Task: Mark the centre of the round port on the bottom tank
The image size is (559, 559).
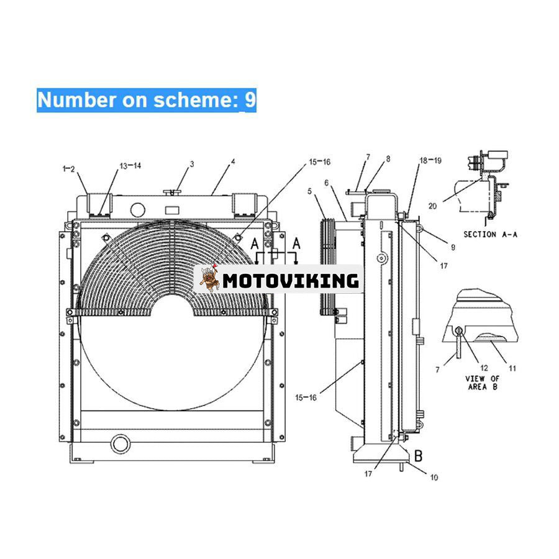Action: tap(121, 444)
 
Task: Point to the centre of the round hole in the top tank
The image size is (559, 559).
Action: tap(138, 210)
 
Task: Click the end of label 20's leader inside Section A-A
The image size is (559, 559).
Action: tap(483, 180)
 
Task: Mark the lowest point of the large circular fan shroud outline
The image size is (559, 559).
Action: tap(173, 411)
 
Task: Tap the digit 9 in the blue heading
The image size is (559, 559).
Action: tap(250, 99)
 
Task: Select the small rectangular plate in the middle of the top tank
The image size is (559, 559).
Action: tap(172, 211)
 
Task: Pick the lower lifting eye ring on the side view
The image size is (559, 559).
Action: tap(420, 425)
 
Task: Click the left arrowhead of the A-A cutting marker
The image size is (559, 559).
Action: tap(257, 263)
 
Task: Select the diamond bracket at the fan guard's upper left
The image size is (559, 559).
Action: tap(106, 238)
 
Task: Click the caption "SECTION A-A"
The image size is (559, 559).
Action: tap(490, 235)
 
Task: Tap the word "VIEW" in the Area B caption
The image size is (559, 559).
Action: tap(475, 379)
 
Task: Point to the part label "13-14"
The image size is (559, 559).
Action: tap(130, 166)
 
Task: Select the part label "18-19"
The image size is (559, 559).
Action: tap(430, 161)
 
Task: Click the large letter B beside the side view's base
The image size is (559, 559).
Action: tap(419, 456)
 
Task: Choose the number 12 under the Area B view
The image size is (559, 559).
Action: tap(484, 368)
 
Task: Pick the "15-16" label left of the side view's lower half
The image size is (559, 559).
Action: tap(306, 397)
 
